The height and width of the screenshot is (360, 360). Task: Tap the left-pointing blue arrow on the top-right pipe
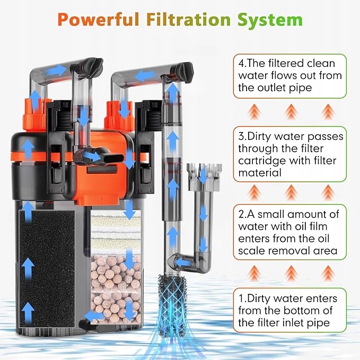(142, 76)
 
